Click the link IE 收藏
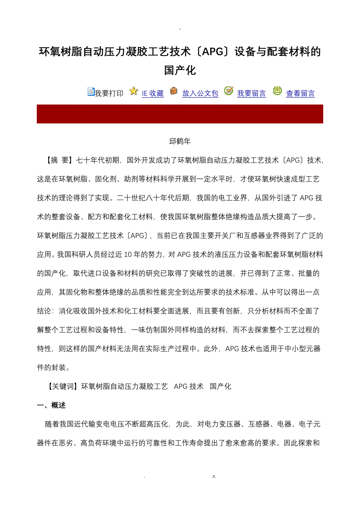click(153, 93)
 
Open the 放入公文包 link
click(200, 93)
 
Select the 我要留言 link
click(251, 93)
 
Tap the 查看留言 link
click(300, 93)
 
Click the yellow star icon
click(133, 91)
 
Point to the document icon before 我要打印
click(91, 92)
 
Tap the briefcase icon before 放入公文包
click(173, 91)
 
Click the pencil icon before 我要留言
click(229, 91)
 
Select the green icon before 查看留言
click(277, 91)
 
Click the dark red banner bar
click(180, 114)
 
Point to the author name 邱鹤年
click(180, 141)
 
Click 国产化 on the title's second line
click(180, 71)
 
